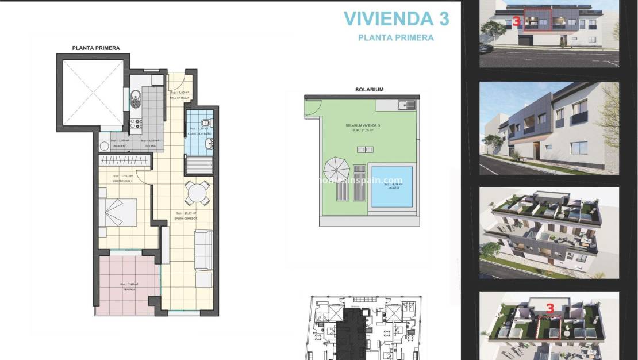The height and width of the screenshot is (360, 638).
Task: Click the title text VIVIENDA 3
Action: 396,18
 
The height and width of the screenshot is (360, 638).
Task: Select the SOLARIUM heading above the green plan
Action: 369,90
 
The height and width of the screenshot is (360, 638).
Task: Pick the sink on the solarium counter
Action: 406,105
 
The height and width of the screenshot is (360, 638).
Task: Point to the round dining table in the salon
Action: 197,192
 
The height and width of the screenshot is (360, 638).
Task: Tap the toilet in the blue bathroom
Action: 207,122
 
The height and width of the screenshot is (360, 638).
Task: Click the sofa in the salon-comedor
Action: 203,250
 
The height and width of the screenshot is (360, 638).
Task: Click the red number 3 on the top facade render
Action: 516,21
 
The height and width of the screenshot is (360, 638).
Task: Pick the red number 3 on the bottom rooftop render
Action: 550,309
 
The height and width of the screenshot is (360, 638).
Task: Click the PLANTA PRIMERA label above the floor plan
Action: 96,48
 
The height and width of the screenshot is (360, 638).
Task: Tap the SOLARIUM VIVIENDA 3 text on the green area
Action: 363,125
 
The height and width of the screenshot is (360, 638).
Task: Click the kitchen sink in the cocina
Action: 135,97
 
